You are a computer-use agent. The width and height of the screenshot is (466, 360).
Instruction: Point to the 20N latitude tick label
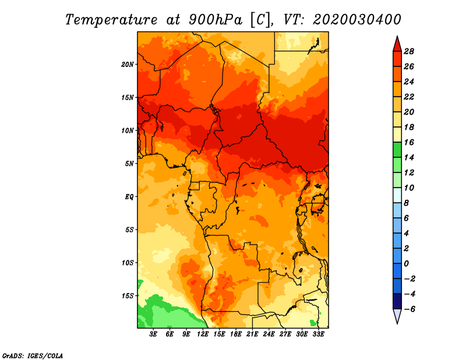point(128,64)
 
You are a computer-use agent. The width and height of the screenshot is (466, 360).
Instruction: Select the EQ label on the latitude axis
point(129,196)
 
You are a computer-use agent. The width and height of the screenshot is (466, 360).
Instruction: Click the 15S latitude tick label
point(128,295)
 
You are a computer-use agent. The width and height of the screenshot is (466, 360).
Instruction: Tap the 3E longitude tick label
point(154,335)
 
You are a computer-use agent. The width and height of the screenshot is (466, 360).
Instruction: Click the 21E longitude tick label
point(253,335)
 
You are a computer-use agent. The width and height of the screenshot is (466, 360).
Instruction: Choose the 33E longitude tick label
point(319,335)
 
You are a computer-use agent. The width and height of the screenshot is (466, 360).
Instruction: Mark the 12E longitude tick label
point(203,335)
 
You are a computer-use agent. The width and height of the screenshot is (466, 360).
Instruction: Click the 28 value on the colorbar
point(408,51)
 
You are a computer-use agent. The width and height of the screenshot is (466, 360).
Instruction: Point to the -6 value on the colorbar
point(408,309)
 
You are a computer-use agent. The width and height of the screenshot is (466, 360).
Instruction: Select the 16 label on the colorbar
point(408,142)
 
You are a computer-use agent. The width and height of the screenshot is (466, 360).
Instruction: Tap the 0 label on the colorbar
point(407,264)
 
